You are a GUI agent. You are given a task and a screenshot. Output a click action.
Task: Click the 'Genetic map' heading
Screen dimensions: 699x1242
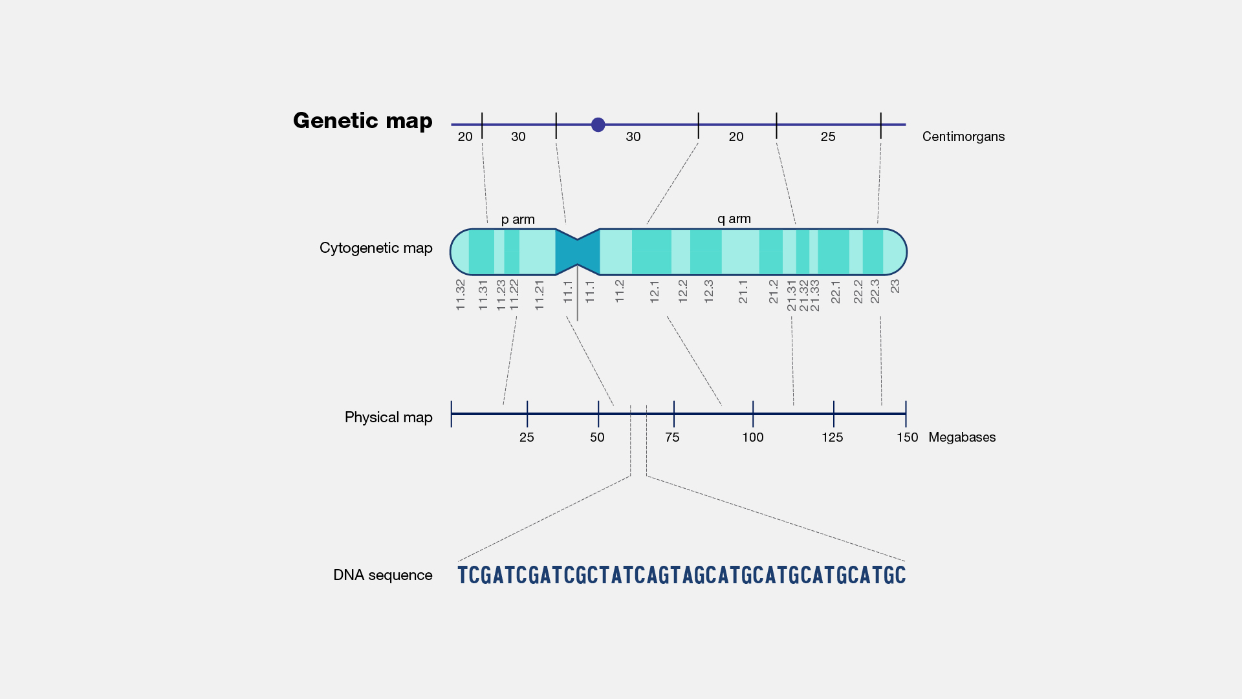tap(362, 121)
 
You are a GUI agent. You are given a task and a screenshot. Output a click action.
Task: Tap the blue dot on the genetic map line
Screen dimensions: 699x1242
tap(598, 125)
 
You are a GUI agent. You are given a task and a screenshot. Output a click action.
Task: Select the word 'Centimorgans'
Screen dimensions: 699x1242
tap(963, 136)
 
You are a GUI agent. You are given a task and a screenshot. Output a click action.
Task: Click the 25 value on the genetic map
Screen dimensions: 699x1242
tap(828, 136)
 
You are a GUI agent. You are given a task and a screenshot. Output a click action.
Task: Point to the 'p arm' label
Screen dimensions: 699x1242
tap(517, 219)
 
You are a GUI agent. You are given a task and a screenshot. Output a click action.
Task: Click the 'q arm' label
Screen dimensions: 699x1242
tap(734, 219)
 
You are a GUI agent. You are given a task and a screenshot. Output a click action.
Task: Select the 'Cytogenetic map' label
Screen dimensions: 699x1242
tap(376, 248)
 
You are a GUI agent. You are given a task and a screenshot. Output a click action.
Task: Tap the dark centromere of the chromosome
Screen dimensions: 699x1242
tap(577, 252)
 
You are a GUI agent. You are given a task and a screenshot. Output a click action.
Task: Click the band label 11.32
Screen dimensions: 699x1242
tap(461, 294)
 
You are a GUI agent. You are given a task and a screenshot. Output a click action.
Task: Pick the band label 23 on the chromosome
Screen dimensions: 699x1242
tap(895, 286)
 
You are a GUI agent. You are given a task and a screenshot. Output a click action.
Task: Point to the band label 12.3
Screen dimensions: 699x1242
tap(708, 291)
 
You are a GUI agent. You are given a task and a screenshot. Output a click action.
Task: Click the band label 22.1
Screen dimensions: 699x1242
tap(836, 291)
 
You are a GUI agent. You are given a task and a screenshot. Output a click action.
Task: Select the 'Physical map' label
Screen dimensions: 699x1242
tap(388, 417)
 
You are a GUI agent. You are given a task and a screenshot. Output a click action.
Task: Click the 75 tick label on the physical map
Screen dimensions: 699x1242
tap(672, 437)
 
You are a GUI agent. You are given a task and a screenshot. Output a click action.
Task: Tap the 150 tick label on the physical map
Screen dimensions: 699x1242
tap(907, 437)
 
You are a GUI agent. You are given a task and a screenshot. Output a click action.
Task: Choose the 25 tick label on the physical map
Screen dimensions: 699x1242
tap(527, 437)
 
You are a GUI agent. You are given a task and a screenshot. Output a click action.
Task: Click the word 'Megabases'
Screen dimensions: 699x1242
tap(962, 437)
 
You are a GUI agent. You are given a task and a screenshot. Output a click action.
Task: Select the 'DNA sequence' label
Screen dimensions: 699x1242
tap(382, 575)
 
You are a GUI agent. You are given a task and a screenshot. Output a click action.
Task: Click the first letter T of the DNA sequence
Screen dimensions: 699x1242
tap(462, 575)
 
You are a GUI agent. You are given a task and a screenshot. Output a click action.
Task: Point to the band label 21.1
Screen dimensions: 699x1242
tap(743, 291)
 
